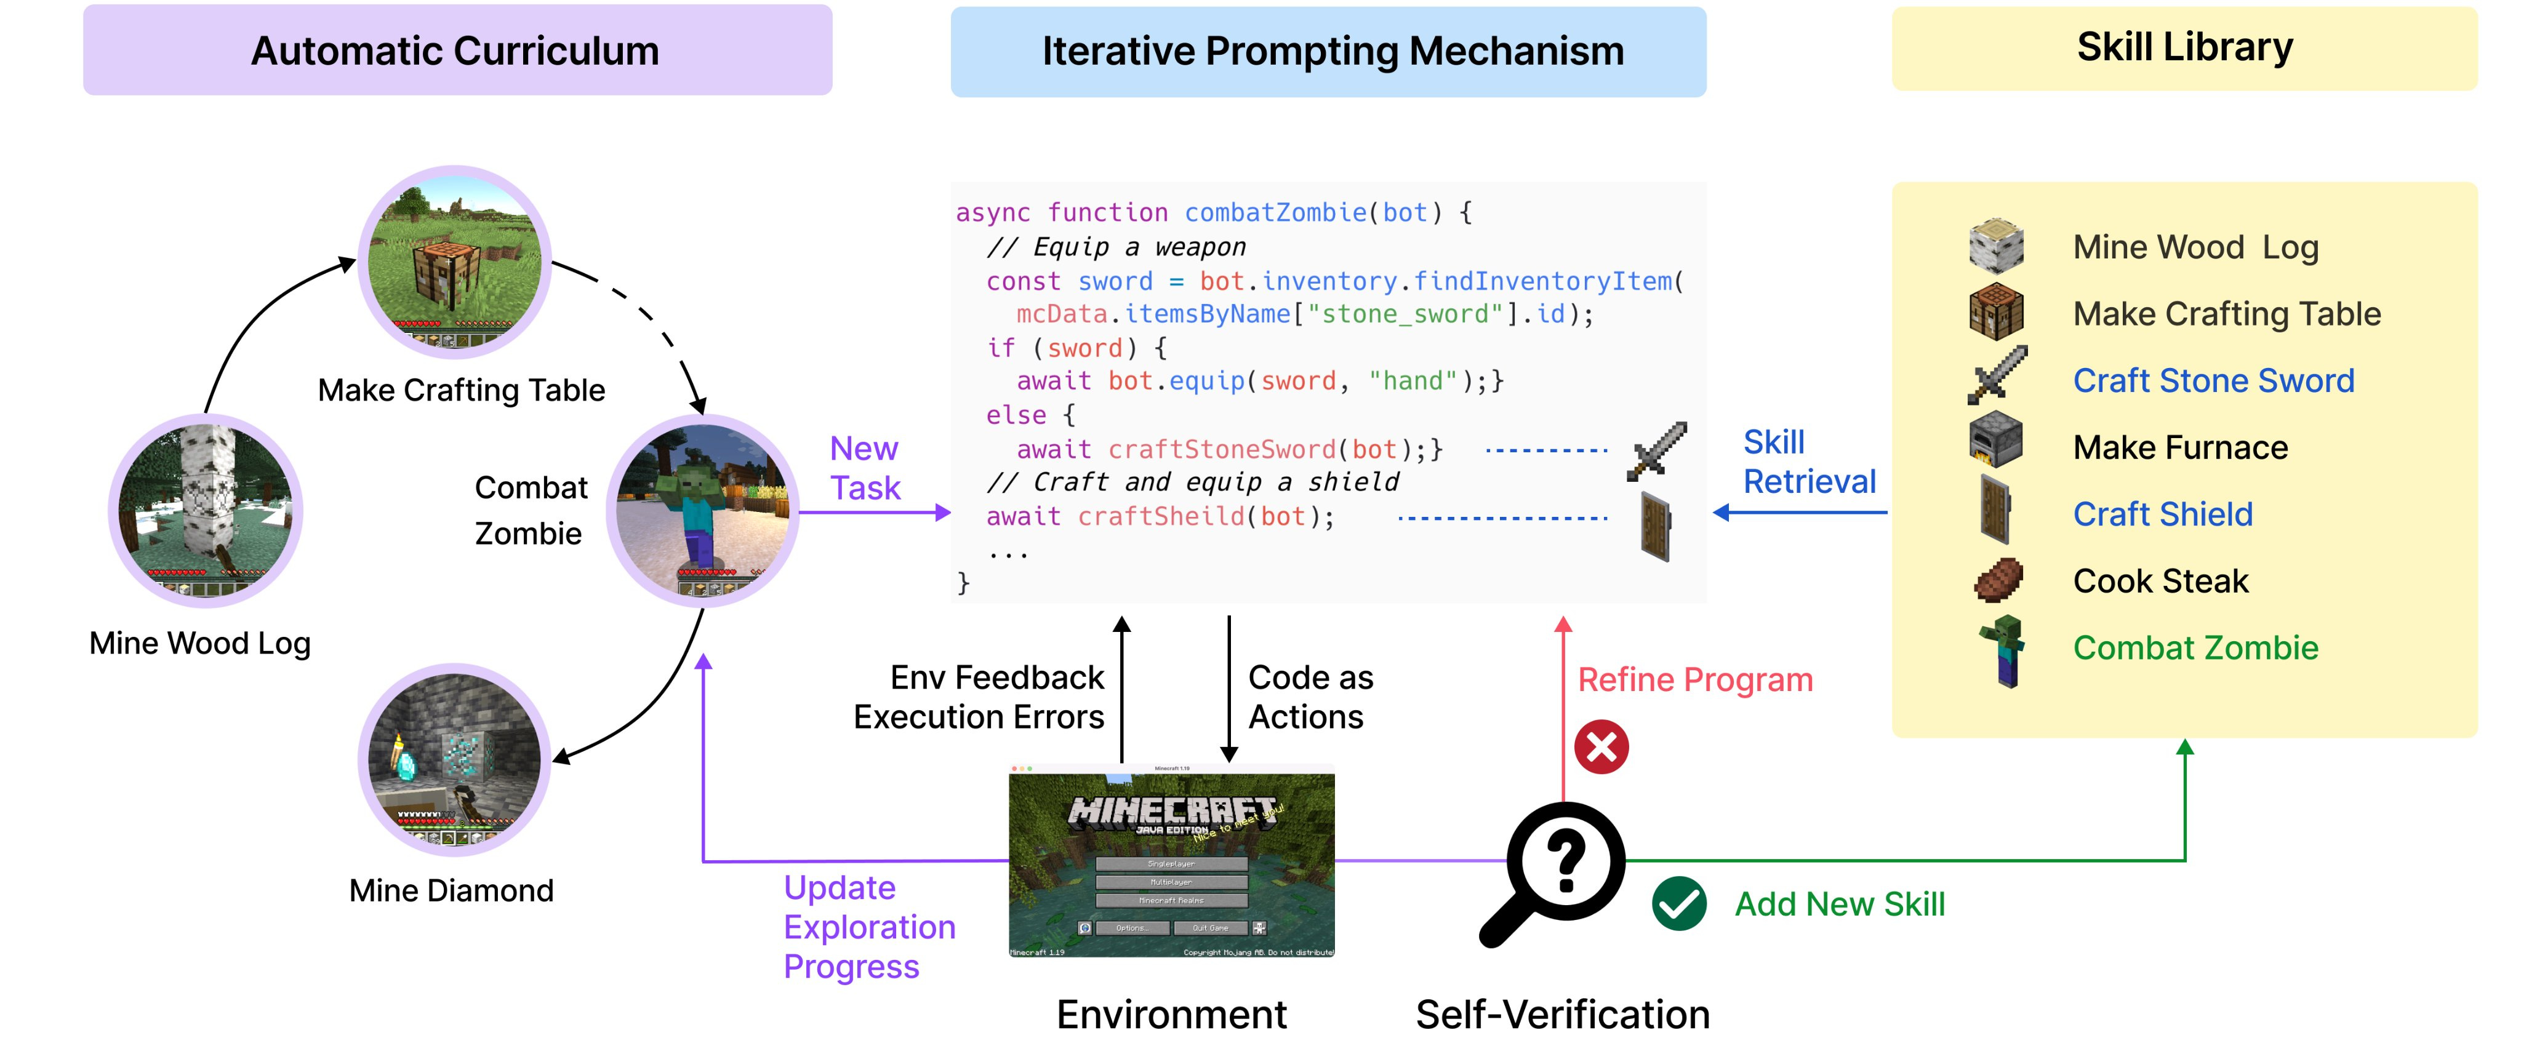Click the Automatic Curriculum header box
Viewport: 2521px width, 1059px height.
(x=457, y=50)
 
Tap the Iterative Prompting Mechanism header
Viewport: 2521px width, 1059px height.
(x=1328, y=52)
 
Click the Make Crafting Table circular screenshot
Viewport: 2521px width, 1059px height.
(x=454, y=262)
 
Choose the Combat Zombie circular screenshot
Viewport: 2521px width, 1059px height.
(x=703, y=510)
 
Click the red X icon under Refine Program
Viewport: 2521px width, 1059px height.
(x=1601, y=747)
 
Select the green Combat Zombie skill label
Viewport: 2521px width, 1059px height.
(x=2195, y=648)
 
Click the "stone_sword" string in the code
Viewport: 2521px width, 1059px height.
(x=1405, y=314)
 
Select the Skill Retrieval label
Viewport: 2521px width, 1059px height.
(x=1808, y=462)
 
